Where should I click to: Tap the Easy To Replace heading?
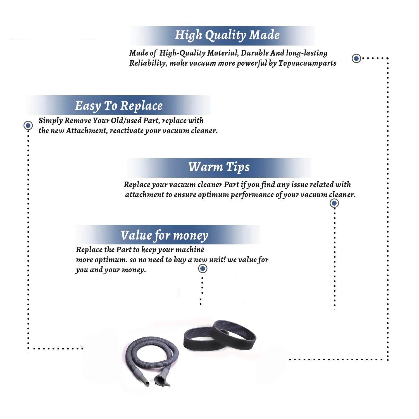tap(119, 106)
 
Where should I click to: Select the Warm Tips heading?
tap(219, 167)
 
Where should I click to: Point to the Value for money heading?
tap(165, 235)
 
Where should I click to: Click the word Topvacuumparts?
tap(307, 63)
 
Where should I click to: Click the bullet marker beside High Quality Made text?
tap(356, 58)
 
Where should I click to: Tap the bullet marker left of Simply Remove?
tap(28, 125)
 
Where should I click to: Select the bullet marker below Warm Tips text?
tap(334, 203)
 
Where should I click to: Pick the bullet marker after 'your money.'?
tap(203, 269)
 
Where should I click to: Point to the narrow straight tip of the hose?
tap(144, 380)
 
